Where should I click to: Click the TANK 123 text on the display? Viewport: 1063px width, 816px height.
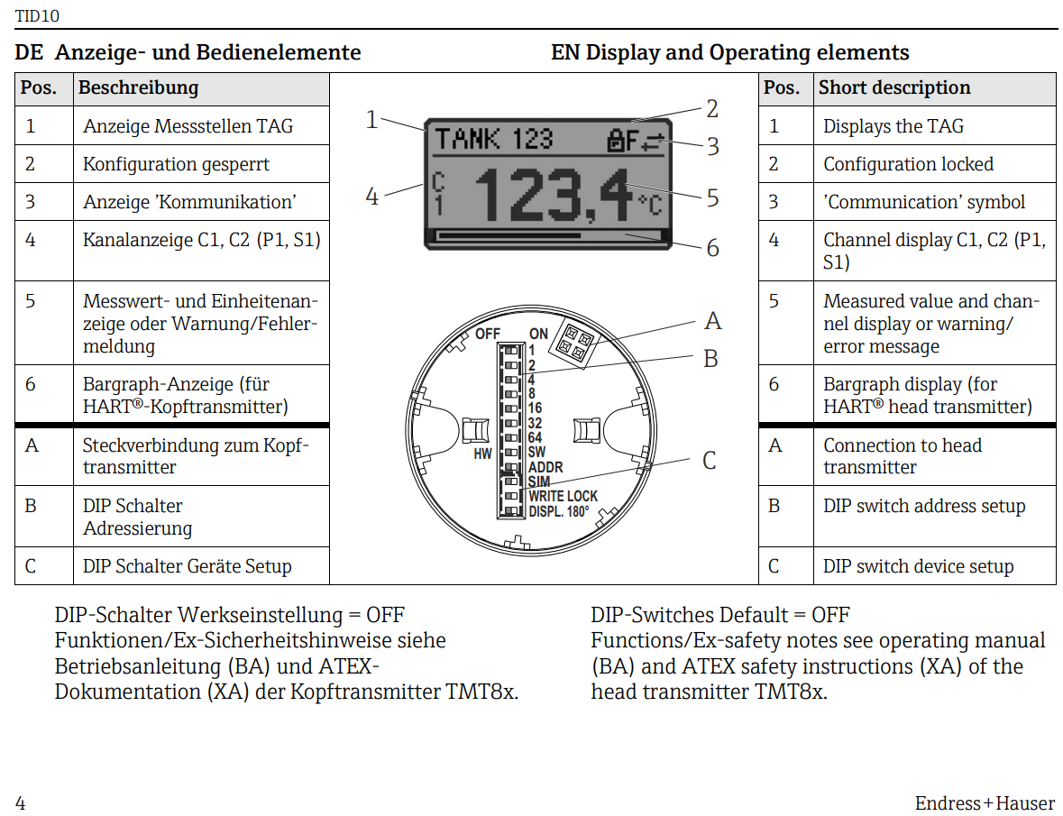pyautogui.click(x=493, y=139)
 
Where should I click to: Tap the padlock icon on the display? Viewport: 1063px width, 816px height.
pyautogui.click(x=617, y=140)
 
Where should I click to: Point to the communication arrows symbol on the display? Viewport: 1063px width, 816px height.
pyautogui.click(x=651, y=140)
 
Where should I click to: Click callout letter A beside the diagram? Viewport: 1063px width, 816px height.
pyautogui.click(x=712, y=322)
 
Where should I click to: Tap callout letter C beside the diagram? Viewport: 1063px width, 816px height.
pyautogui.click(x=710, y=461)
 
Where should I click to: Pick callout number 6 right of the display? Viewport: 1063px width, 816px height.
pyautogui.click(x=712, y=248)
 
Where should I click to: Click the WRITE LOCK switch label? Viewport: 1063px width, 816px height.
pyautogui.click(x=563, y=497)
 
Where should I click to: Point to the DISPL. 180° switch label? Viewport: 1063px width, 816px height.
pyautogui.click(x=559, y=511)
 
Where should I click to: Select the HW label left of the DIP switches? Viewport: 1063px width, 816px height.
pyautogui.click(x=482, y=454)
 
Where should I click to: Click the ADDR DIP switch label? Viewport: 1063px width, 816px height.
pyautogui.click(x=545, y=468)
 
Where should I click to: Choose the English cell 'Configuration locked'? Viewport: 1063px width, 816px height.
pyautogui.click(x=908, y=164)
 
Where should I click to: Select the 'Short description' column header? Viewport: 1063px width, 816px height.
pyautogui.click(x=894, y=87)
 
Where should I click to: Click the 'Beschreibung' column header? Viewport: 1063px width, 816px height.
pyautogui.click(x=138, y=87)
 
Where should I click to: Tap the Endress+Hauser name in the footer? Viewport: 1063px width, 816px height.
pyautogui.click(x=984, y=802)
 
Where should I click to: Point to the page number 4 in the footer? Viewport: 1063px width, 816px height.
pyautogui.click(x=21, y=802)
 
